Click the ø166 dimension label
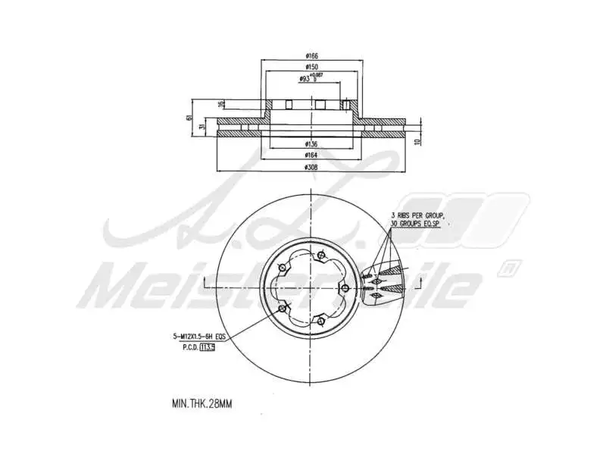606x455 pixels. click(311, 55)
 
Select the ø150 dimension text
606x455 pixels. click(311, 67)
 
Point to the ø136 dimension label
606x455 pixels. click(311, 143)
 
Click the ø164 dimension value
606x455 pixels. click(311, 155)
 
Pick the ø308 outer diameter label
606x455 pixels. click(311, 166)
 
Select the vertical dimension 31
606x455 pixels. click(201, 127)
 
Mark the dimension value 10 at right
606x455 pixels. click(417, 141)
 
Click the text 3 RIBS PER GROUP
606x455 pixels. click(418, 216)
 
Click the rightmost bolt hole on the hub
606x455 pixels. click(345, 288)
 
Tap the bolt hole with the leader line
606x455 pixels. click(282, 309)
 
